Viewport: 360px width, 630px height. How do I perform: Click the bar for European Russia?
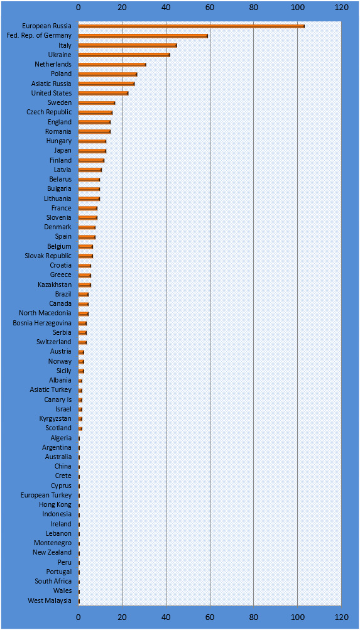point(191,26)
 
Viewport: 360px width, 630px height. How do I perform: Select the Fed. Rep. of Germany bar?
point(143,36)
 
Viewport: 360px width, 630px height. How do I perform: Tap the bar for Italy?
point(128,45)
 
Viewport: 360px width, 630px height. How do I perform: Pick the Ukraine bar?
point(124,55)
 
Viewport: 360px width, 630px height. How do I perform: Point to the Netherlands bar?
point(112,64)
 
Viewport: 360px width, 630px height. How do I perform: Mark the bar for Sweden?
point(97,103)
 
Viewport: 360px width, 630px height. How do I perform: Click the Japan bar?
point(92,151)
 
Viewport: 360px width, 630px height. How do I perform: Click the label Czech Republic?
point(50,112)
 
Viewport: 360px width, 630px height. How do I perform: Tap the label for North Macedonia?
point(45,313)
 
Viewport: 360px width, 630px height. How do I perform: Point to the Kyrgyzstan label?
point(55,419)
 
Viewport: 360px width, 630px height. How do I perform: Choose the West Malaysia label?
point(50,600)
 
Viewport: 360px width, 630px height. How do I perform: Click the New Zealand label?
point(52,553)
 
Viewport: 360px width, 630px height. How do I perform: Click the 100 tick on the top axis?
point(297,7)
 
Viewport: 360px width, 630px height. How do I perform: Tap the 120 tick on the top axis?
point(341,7)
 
